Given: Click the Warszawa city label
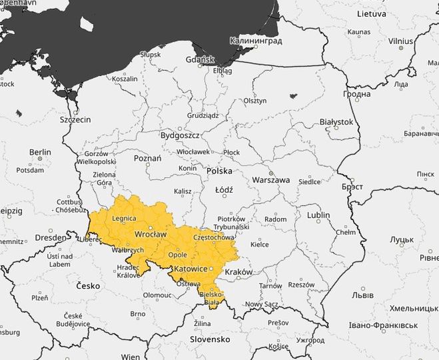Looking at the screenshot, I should (270, 180).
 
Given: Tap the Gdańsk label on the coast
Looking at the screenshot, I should (200, 60).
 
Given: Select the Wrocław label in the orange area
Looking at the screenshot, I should (150, 235).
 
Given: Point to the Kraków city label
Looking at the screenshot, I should (238, 272).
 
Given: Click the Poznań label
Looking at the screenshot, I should (148, 159).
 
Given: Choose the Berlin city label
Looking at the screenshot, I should (40, 152).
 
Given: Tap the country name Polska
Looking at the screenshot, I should (219, 171).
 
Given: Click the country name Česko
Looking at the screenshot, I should (87, 285).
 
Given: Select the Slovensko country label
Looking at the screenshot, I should (209, 339).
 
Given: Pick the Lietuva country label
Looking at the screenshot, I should (371, 13).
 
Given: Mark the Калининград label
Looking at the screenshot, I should (256, 41).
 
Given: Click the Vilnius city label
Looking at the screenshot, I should (401, 41).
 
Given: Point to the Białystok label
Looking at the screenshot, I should (336, 122).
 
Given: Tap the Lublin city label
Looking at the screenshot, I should (318, 215).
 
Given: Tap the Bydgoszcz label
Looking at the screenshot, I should (180, 135).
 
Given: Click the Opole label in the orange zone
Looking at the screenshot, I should (177, 255).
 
